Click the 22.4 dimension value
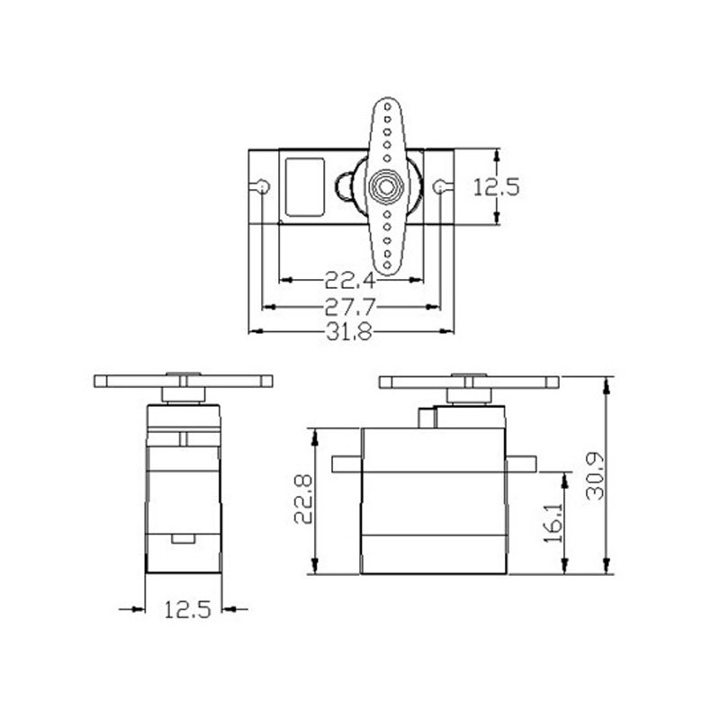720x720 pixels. tap(350, 280)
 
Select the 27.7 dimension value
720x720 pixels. tap(350, 307)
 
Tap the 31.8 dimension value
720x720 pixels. tap(349, 331)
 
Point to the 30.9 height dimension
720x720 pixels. tap(595, 476)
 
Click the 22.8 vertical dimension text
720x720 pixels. tap(303, 499)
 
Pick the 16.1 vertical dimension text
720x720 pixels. tap(553, 523)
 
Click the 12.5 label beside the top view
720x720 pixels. tap(497, 187)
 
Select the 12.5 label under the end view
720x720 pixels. tap(188, 609)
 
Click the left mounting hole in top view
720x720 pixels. tap(263, 187)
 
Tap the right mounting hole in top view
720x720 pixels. tap(439, 187)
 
